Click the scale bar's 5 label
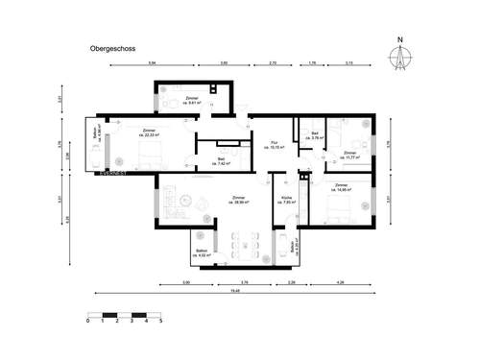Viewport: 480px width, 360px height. (160, 322)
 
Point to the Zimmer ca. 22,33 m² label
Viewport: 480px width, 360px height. (148, 132)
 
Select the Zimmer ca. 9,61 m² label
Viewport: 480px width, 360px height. (191, 101)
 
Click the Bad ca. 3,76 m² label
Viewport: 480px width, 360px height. (316, 135)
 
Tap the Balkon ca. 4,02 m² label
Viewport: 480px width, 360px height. (203, 252)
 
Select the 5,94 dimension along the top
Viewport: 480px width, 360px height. (153, 62)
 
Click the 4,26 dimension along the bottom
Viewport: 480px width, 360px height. (341, 282)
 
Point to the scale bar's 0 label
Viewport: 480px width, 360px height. (88, 322)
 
